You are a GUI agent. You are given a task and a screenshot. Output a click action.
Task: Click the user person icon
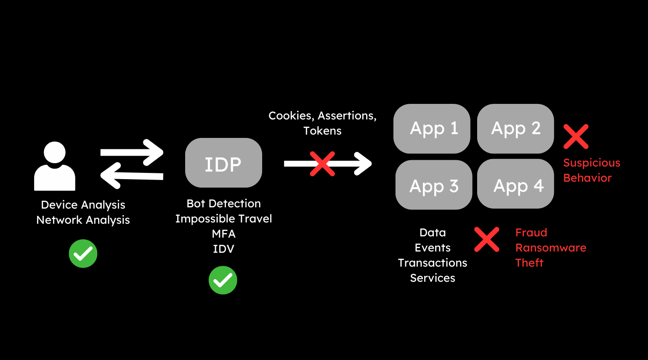pos(55,166)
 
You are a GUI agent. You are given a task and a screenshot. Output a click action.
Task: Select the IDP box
pos(223,163)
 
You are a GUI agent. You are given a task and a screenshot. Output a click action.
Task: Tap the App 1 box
pos(432,129)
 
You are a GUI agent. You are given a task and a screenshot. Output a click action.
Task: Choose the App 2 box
pos(515,129)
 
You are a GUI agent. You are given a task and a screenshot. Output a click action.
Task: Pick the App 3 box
pos(434,185)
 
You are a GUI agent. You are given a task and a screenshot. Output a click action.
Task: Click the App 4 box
pos(515,184)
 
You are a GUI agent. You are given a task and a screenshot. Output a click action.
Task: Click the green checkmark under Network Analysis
pos(83,254)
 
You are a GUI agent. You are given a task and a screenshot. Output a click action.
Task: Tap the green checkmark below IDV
pos(223,280)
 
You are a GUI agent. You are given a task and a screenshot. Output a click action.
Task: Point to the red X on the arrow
pos(322,164)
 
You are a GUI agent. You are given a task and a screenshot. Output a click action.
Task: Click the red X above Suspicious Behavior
pos(576,137)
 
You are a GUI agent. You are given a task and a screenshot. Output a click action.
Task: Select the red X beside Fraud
pos(487,240)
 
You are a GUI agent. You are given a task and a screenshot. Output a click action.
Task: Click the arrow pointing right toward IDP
pos(132,152)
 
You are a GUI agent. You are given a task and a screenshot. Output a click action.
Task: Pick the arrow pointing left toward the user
pos(132,175)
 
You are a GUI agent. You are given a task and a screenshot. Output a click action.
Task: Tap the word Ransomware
pos(551,248)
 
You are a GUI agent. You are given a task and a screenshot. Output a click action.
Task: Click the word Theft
pos(529,263)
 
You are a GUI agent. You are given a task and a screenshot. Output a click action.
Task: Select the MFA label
pos(223,234)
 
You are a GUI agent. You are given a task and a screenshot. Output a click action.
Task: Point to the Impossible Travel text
pos(223,219)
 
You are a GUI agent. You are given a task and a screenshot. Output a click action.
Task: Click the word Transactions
pos(433,263)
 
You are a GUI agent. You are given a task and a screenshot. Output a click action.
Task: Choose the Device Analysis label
pos(83,205)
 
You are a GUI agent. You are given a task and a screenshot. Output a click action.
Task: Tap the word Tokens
pos(322,131)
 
